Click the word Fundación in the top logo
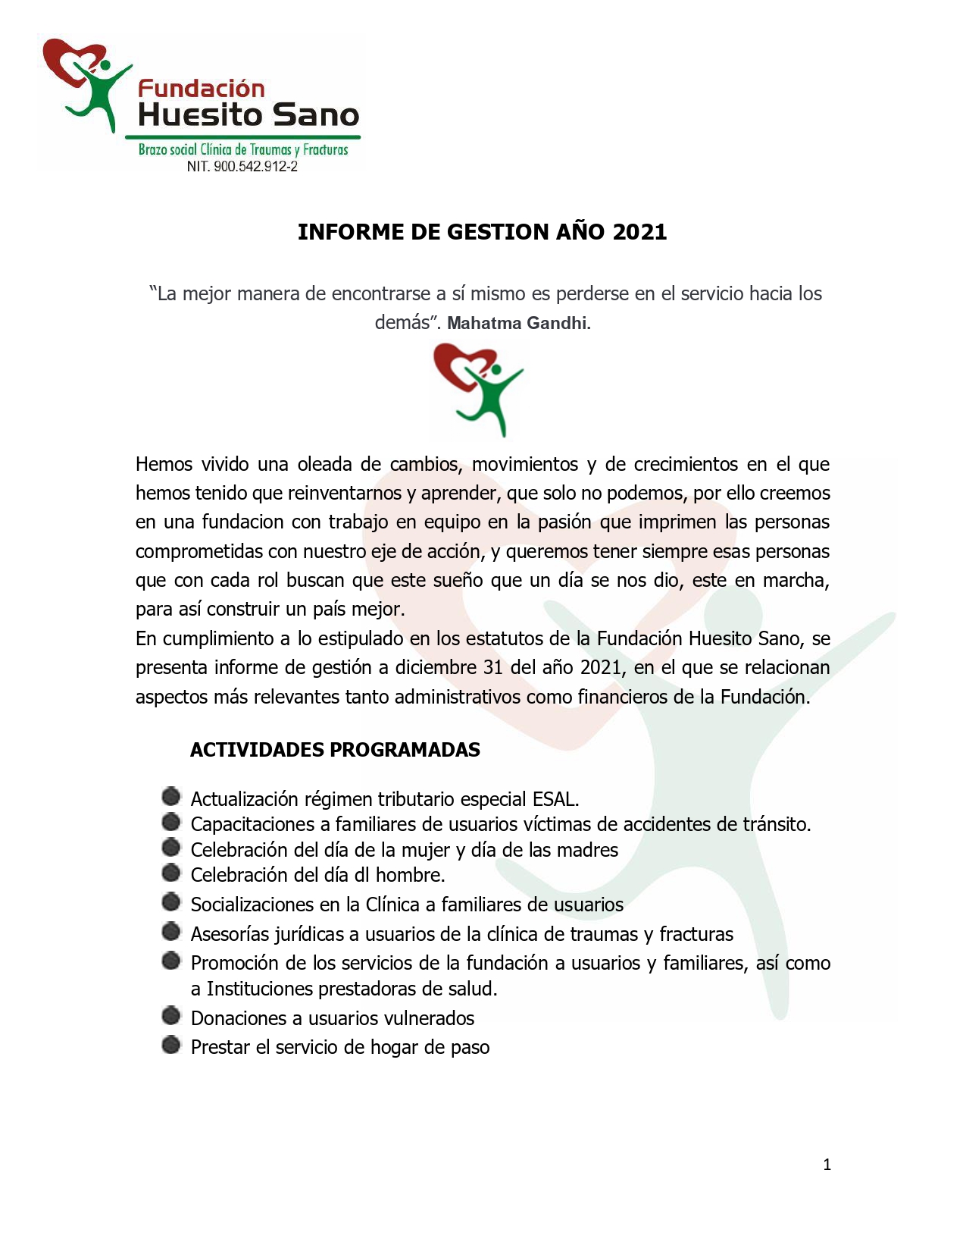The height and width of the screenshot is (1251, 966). tap(201, 89)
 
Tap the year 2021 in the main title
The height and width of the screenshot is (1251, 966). tap(639, 232)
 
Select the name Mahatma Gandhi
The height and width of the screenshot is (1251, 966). tap(517, 323)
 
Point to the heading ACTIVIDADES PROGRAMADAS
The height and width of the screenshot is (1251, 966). tap(335, 750)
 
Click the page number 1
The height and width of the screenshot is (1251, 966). tap(827, 1165)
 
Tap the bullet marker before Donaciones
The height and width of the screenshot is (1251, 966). tap(172, 1015)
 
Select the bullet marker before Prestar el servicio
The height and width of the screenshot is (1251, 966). tap(172, 1045)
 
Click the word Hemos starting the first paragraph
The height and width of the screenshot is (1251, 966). tap(164, 464)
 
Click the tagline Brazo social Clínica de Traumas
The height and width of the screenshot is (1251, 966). tap(242, 149)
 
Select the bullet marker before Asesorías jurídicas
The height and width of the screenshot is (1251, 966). tap(172, 931)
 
